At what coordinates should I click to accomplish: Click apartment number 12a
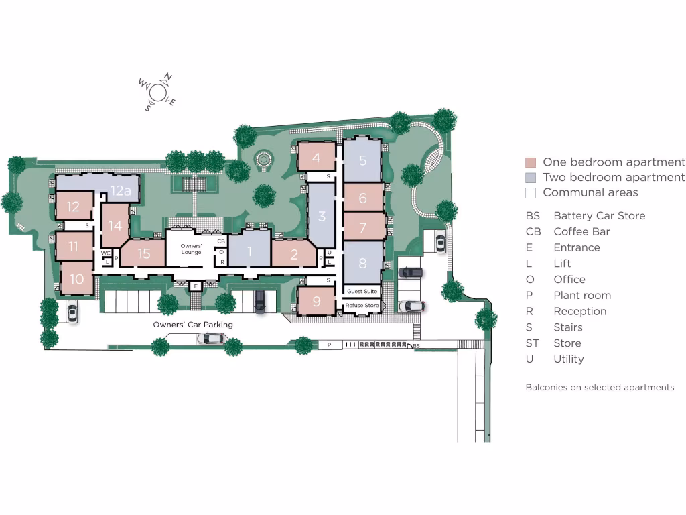(x=120, y=190)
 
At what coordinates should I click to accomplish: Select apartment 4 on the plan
(x=316, y=158)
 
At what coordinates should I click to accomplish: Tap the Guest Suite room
(x=362, y=292)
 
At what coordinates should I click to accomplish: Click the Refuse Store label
(x=362, y=306)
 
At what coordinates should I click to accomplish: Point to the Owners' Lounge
(x=191, y=249)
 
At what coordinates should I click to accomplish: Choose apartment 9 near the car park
(x=316, y=301)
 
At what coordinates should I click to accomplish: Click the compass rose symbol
(x=157, y=92)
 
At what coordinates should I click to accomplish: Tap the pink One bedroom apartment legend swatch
(x=531, y=162)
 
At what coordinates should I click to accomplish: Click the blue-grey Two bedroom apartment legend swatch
(x=531, y=178)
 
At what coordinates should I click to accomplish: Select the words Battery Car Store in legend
(x=599, y=216)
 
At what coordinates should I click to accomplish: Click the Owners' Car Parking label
(x=193, y=325)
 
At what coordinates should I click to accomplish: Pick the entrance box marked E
(x=195, y=286)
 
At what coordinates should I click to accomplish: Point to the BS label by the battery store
(x=416, y=345)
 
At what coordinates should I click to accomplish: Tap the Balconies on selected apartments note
(x=600, y=388)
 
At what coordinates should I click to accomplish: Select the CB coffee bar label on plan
(x=221, y=241)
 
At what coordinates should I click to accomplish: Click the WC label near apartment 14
(x=105, y=253)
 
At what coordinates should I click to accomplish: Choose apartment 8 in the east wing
(x=362, y=263)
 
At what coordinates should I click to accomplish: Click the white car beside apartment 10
(x=72, y=312)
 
